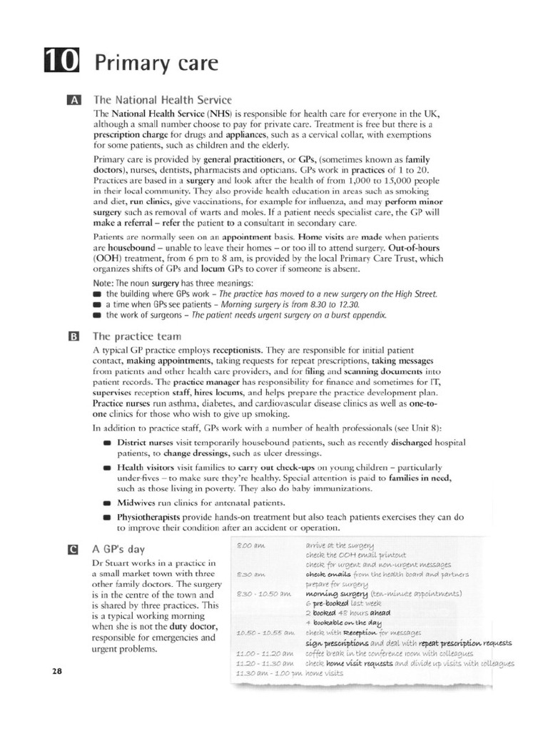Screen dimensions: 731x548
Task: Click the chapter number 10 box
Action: (x=63, y=62)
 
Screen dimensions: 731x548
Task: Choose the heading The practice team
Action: (x=137, y=336)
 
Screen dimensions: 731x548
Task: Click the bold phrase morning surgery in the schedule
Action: (x=336, y=593)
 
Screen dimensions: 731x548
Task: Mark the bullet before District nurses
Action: (x=107, y=443)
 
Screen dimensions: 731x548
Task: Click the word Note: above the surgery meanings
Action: (x=104, y=283)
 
